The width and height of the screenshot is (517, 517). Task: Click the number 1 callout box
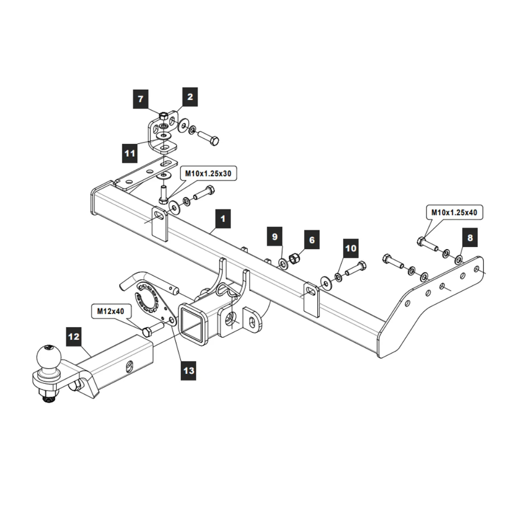(222, 219)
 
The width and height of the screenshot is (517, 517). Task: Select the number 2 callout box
(190, 97)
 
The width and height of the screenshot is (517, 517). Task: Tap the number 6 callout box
(312, 240)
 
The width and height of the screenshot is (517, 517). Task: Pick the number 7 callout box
(140, 98)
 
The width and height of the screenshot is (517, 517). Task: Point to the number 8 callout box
(469, 238)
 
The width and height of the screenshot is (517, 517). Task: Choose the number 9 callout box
(275, 236)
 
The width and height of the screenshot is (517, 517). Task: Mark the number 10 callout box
(351, 249)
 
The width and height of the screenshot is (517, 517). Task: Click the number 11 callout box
(129, 153)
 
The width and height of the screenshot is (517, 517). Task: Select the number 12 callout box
(74, 337)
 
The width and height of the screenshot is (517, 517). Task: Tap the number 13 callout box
(189, 371)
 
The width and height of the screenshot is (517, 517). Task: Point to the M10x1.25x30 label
(208, 174)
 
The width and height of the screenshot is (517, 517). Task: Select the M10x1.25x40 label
(453, 212)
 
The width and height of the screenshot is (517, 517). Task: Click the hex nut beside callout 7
(163, 115)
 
